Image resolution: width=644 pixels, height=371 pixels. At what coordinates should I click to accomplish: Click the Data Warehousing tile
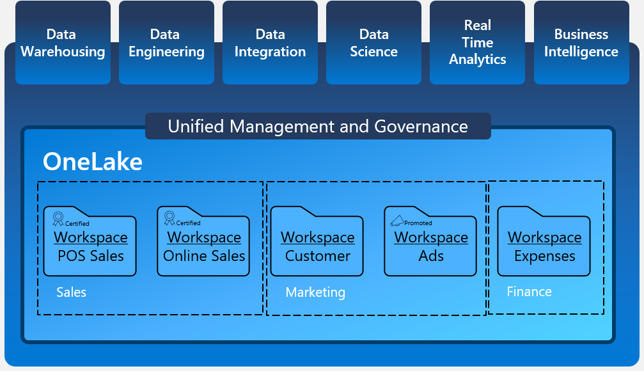pos(63,43)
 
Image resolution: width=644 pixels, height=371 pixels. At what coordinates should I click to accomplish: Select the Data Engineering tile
pos(166,43)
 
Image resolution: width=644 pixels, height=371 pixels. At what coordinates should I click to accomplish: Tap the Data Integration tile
pos(270,43)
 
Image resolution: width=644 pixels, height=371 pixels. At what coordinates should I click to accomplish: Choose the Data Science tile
pos(373,43)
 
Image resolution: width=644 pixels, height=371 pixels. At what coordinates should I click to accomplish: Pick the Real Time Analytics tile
pos(477,43)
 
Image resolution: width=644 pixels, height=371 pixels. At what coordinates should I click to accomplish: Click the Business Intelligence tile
pos(581,43)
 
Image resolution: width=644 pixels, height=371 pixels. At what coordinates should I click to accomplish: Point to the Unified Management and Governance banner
pos(318,126)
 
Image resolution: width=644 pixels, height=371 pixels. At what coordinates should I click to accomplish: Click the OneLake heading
pos(93,162)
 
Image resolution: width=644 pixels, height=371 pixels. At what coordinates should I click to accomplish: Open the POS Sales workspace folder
pos(90,246)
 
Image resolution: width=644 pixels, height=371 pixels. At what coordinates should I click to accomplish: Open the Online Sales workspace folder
pos(203,246)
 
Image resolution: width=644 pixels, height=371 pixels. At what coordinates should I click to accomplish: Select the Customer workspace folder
pos(317,246)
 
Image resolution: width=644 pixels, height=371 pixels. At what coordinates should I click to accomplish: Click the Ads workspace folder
pos(430,246)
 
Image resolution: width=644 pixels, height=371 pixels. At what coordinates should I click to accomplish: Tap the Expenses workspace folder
pos(544,246)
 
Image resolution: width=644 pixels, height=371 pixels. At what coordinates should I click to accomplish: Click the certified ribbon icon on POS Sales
pos(58,219)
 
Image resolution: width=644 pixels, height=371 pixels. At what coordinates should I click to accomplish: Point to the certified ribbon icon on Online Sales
pos(169,219)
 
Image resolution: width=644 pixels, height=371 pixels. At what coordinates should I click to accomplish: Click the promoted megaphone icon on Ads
pos(397,221)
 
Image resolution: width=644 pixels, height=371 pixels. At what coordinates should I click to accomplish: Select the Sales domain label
pos(71,292)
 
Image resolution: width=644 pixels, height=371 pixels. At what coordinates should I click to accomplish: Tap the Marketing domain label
pos(315,292)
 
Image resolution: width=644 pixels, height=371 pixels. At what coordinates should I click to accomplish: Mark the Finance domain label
pos(529,292)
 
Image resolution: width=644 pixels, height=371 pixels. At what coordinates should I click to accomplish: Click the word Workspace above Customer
pos(317,237)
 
